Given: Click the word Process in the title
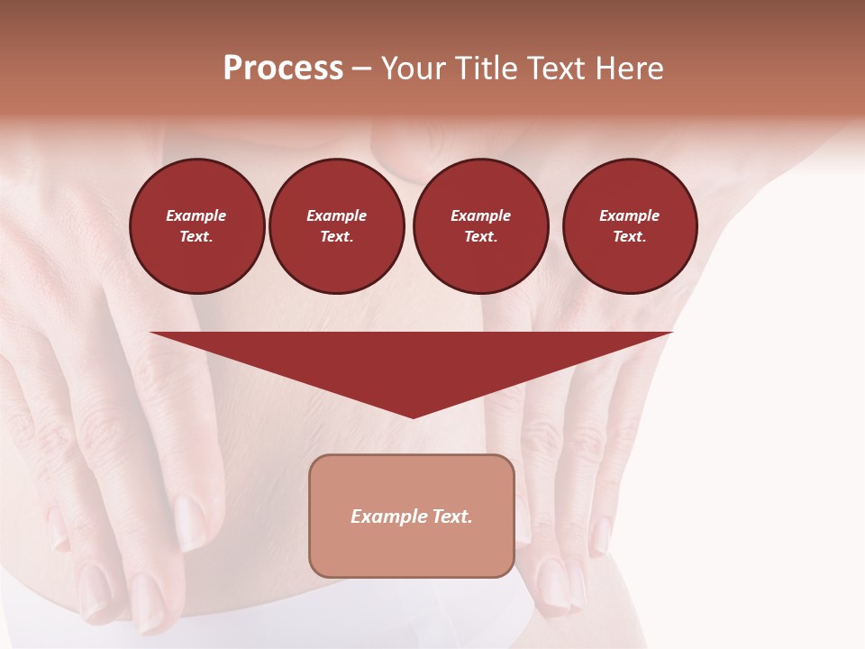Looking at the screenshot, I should pyautogui.click(x=283, y=69).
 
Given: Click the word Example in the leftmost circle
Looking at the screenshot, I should pyautogui.click(x=196, y=215).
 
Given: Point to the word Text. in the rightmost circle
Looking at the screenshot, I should pyautogui.click(x=630, y=237).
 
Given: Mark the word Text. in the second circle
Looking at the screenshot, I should pyautogui.click(x=337, y=237).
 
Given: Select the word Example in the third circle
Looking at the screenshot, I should pyautogui.click(x=481, y=215).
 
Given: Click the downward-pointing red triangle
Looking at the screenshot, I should pyautogui.click(x=412, y=361).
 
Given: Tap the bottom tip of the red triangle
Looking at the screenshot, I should pyautogui.click(x=413, y=416).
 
